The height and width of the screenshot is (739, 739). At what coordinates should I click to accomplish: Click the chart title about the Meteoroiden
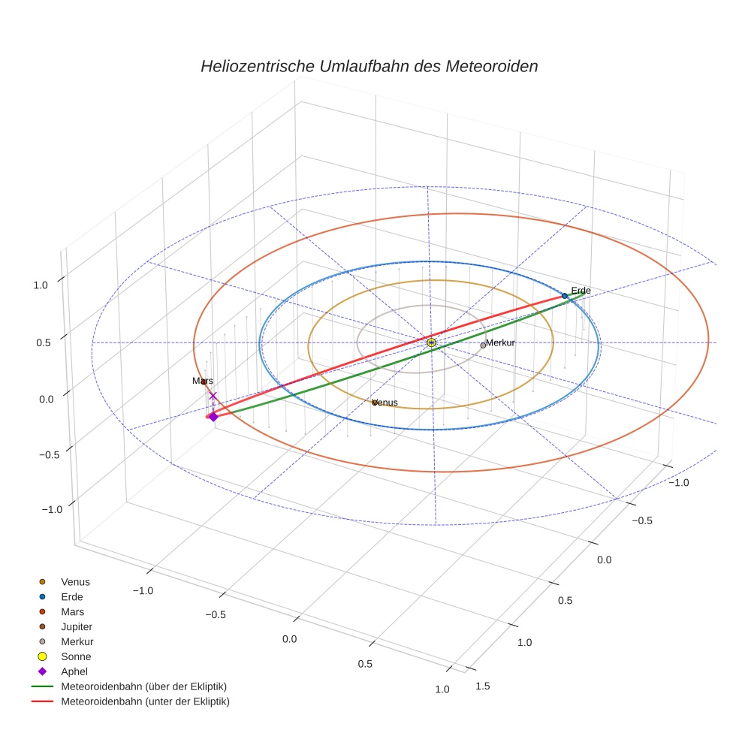369,66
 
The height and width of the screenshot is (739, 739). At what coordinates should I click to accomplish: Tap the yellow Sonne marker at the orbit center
431,342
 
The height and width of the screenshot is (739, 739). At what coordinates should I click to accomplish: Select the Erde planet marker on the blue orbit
565,296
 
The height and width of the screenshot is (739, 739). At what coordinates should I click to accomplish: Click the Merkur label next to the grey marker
500,342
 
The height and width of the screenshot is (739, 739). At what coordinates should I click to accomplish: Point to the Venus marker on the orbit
374,403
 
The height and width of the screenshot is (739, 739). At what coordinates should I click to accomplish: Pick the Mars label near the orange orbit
203,382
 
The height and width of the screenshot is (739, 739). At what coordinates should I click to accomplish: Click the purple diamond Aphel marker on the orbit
213,417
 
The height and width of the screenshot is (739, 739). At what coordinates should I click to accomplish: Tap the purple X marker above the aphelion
213,396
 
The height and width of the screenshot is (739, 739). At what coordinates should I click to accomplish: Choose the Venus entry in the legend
75,581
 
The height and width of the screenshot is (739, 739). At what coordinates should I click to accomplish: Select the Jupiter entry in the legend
77,626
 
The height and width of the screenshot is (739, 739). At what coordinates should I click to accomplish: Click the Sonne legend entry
76,656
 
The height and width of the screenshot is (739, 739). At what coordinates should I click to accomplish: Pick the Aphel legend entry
74,671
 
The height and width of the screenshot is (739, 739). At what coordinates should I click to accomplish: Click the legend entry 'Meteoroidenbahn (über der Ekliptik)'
143,686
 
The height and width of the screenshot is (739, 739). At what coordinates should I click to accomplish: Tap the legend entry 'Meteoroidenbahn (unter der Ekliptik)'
145,701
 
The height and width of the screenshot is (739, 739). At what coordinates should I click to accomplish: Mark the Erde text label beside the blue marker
581,291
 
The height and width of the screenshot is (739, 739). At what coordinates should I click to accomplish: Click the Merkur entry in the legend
77,641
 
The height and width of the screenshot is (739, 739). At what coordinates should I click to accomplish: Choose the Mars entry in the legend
72,611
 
